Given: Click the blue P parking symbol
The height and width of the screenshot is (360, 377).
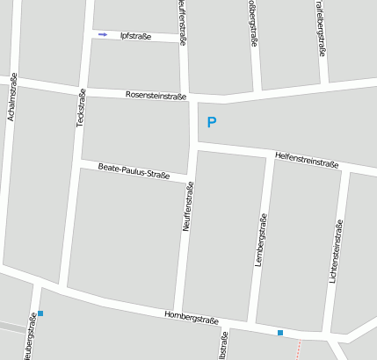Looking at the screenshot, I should pos(211,123).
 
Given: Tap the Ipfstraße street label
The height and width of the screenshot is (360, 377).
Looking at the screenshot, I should pos(134,37).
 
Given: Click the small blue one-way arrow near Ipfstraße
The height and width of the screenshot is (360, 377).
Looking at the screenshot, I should pos(103,35).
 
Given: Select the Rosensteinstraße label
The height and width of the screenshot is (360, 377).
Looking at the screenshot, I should pos(156,94).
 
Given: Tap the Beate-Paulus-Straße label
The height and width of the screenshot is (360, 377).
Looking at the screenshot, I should pos(134,169).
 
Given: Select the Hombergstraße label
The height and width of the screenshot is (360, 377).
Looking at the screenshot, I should pos(191,316).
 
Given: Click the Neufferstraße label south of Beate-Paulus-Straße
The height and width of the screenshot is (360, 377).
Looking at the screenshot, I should pos(186,206).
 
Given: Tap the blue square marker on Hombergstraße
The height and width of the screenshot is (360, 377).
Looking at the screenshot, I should pos(280,333).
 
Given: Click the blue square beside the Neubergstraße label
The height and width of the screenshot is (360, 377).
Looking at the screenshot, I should pos(40,313).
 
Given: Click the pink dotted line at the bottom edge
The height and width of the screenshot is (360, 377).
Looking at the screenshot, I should pos(299,349).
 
